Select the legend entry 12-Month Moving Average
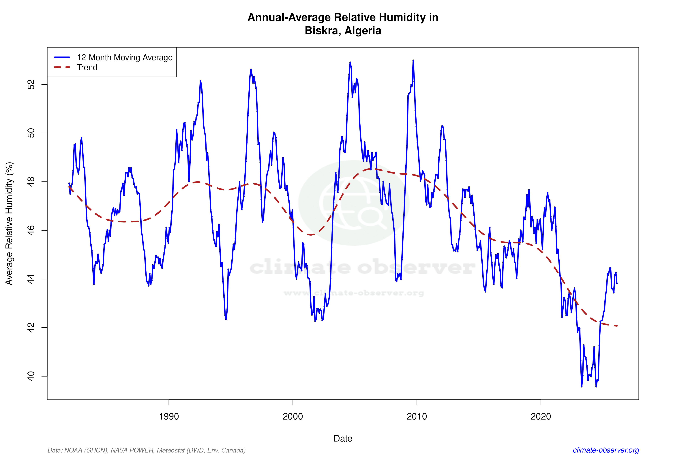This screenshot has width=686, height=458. coord(125,58)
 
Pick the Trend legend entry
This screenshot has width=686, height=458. coord(87,67)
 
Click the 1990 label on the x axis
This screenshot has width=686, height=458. coord(169,417)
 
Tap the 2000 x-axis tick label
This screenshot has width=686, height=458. coord(293,417)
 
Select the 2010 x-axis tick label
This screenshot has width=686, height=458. coord(417,417)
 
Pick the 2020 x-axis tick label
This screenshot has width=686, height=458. coord(541,417)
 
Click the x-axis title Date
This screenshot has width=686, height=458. coord(343,438)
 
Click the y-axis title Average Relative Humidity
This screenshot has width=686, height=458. coord(9,224)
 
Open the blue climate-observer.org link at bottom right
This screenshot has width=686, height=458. coord(606,450)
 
